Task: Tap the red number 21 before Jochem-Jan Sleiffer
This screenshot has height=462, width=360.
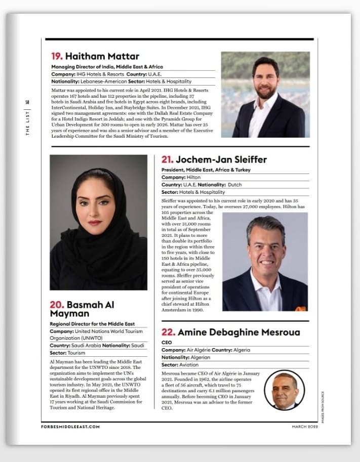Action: click(167, 160)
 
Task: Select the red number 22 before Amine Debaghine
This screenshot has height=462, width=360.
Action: click(168, 332)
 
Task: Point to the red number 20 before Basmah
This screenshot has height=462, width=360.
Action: click(56, 305)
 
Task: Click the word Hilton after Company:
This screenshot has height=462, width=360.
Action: click(194, 178)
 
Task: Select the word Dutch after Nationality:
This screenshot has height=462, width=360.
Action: click(235, 185)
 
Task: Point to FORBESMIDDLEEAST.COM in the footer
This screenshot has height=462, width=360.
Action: click(70, 427)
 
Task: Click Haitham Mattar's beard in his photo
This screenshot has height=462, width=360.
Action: click(266, 93)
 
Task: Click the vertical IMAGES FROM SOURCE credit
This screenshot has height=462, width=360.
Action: click(321, 403)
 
